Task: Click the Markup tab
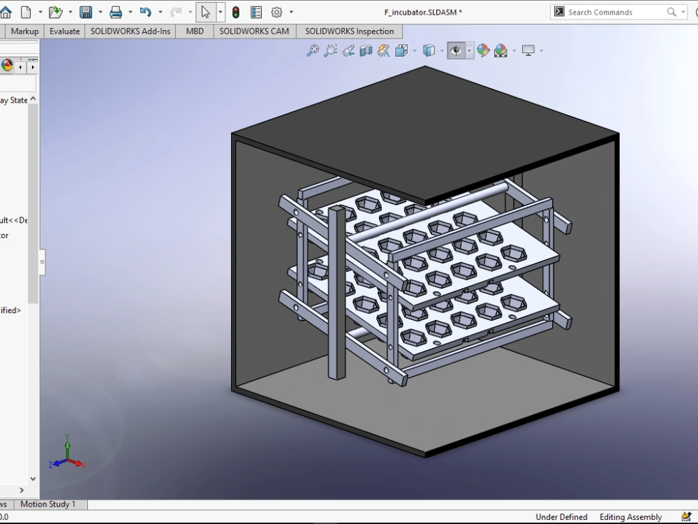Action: (24, 31)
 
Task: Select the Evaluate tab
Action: (64, 31)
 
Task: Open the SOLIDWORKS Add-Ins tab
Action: (131, 31)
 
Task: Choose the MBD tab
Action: (195, 31)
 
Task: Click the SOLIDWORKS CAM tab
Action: (254, 31)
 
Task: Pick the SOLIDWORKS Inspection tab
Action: (349, 31)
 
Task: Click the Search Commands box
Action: (614, 12)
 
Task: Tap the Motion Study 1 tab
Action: (48, 504)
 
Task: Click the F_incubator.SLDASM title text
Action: (423, 13)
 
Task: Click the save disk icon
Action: (86, 12)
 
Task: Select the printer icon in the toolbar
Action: (116, 12)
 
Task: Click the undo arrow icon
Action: (145, 12)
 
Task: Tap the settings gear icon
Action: (276, 12)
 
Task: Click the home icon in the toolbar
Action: (6, 12)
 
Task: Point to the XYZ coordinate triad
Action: (66, 454)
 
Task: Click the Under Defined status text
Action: (561, 517)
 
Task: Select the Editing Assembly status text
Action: (630, 517)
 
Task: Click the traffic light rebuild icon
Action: (236, 12)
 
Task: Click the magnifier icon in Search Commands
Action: (671, 12)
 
